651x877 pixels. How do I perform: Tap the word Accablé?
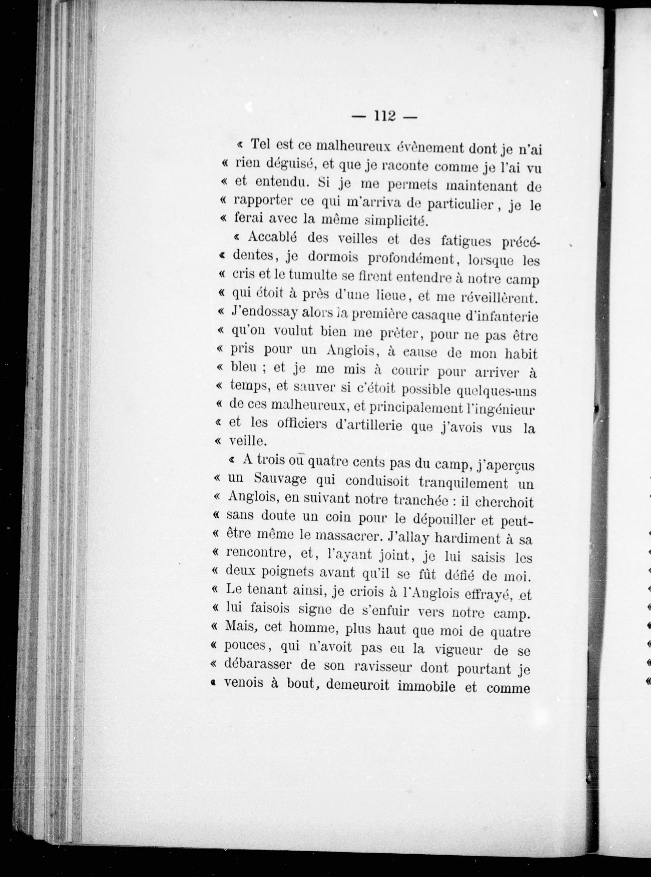(273, 238)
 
